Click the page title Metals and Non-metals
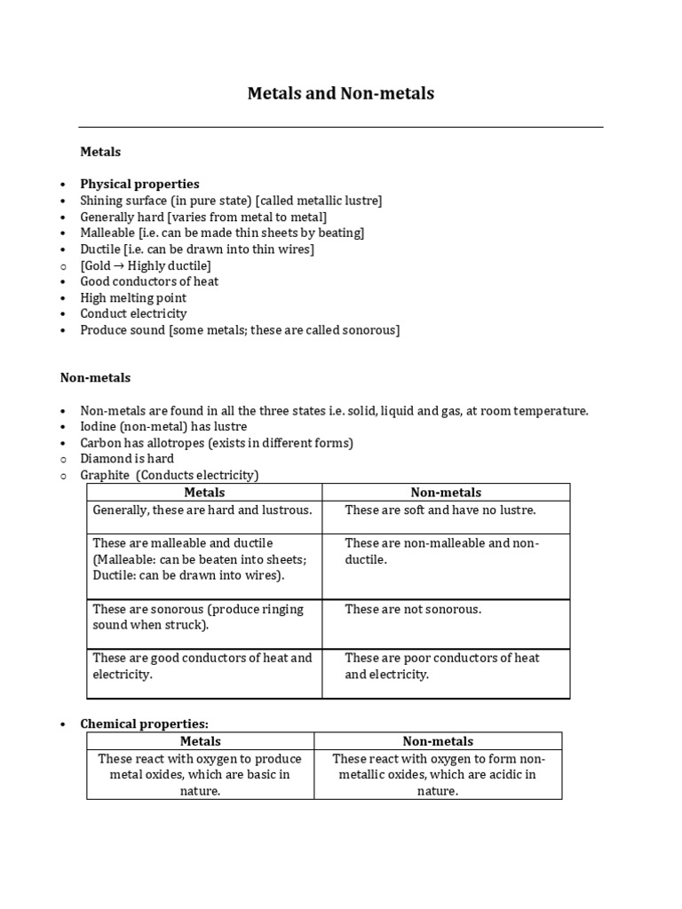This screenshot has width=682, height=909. pyautogui.click(x=340, y=93)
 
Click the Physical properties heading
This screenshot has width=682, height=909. pyautogui.click(x=139, y=184)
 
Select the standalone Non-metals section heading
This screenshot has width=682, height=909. pyautogui.click(x=95, y=377)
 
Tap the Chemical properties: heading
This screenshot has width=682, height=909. pyautogui.click(x=144, y=723)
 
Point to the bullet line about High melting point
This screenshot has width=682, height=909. pyautogui.click(x=133, y=297)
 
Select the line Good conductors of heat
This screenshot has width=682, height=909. pyautogui.click(x=149, y=281)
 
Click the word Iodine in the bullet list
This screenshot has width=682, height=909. pyautogui.click(x=99, y=427)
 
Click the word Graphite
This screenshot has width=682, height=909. pyautogui.click(x=105, y=475)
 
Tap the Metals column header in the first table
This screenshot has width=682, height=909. pyautogui.click(x=204, y=492)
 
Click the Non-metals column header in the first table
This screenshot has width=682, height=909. pyautogui.click(x=446, y=492)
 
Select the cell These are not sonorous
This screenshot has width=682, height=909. pyautogui.click(x=413, y=609)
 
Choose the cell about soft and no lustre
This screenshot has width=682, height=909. pyautogui.click(x=440, y=510)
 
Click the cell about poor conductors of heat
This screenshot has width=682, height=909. pyautogui.click(x=441, y=666)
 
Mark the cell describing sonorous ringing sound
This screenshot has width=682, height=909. pyautogui.click(x=198, y=617)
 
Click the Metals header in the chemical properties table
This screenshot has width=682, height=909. pyautogui.click(x=201, y=741)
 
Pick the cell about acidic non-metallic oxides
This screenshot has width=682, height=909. pyautogui.click(x=438, y=775)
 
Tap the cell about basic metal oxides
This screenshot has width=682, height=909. pyautogui.click(x=200, y=775)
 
